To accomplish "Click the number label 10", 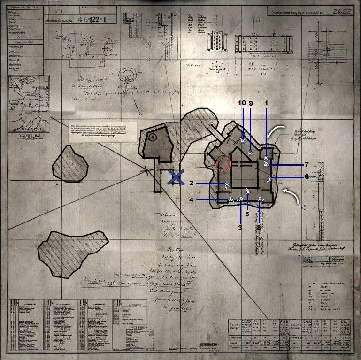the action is coord(242,103).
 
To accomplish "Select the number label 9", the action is coord(251,103).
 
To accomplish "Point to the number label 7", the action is coord(307,164).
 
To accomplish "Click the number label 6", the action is coord(307,177).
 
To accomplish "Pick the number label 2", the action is coord(192,183).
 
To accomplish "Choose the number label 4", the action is coord(192,199).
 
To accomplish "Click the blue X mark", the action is coord(176,177).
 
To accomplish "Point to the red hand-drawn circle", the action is coord(223,165).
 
